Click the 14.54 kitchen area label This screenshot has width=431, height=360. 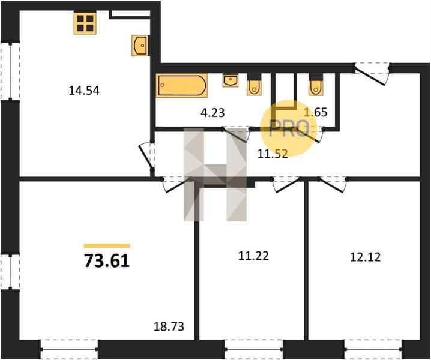click(84, 91)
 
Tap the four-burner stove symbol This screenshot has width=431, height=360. click(85, 23)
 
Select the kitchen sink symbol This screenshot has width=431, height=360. click(140, 46)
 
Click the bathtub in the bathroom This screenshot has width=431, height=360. click(182, 85)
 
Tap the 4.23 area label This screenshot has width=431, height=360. click(212, 112)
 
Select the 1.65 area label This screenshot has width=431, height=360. click(315, 112)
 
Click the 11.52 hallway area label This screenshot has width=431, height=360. click(273, 154)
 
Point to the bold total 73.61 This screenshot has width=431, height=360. click(107, 261)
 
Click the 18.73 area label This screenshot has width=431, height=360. click(169, 327)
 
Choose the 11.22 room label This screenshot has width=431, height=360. click(253, 256)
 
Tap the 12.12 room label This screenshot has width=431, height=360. click(366, 257)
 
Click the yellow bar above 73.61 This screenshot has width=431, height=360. click(107, 245)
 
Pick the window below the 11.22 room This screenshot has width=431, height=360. click(254, 349)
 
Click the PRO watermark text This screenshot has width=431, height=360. click(289, 128)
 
